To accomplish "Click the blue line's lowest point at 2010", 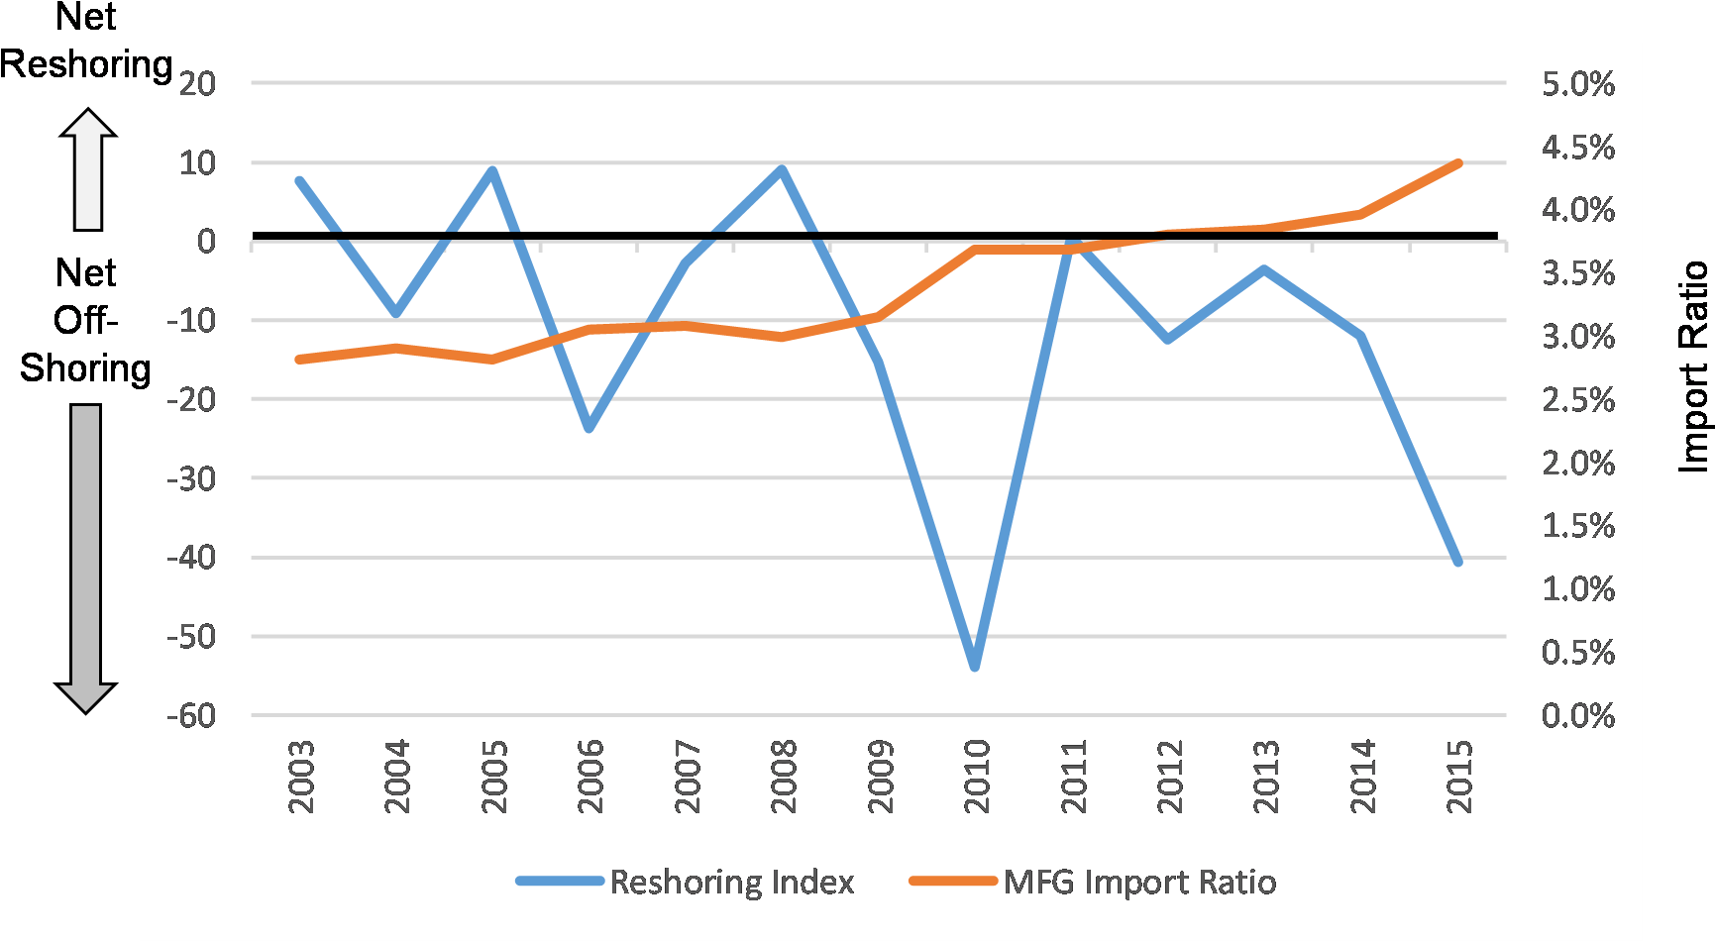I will pos(975,666).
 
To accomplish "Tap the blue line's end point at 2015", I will pos(1457,562).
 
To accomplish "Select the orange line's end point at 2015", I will pos(1457,162).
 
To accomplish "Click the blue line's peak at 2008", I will pos(782,170).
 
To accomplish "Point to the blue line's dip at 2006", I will pos(590,428).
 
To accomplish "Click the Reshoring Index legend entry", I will pos(731,882).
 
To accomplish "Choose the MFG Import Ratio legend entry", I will pos(1139,882).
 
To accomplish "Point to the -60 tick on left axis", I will pos(191,715).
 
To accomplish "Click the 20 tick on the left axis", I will pos(197,83).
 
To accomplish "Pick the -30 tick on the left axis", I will pos(191,478).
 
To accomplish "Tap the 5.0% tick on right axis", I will pos(1577,84).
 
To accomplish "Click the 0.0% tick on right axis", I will pos(1577,715).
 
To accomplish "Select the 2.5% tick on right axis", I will pos(1577,400).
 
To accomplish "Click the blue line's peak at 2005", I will pos(492,171).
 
